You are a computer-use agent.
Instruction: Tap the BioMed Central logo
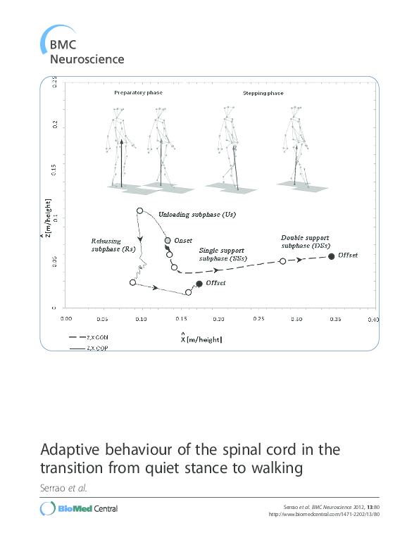coord(79,508)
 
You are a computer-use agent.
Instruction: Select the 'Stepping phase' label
coord(244,92)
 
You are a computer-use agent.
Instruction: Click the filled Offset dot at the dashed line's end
coord(332,257)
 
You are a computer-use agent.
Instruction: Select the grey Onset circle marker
coord(168,241)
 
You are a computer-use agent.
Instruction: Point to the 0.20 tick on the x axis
coord(218,319)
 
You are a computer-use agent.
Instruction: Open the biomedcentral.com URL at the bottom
coord(325,514)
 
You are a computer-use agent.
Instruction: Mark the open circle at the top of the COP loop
coord(139,211)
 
